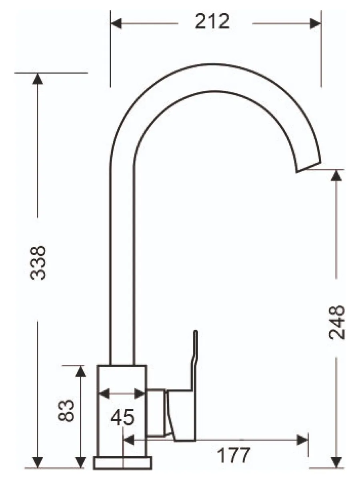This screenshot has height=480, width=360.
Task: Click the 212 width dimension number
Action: [x=212, y=21]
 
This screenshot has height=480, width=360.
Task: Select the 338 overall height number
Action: [x=38, y=263]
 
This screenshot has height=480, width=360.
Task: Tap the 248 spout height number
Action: [x=337, y=322]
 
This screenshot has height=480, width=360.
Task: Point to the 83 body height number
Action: [x=66, y=411]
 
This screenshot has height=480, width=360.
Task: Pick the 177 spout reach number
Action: [x=234, y=455]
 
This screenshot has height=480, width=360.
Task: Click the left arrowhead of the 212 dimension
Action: [x=116, y=23]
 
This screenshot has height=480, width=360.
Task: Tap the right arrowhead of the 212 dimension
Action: [x=316, y=23]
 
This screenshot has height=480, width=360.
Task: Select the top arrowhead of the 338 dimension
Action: [x=37, y=79]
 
